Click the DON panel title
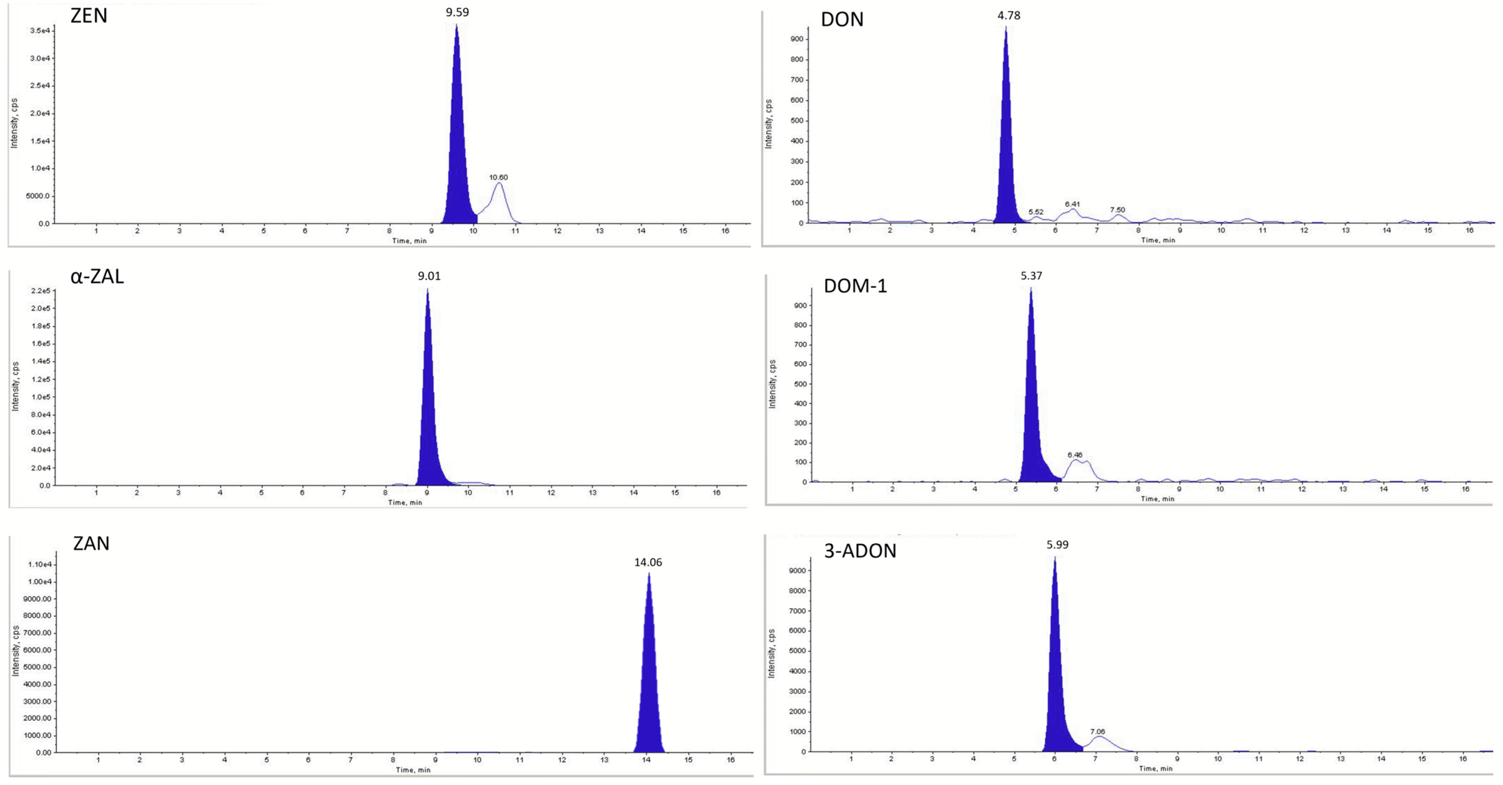tap(842, 20)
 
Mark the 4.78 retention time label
tap(1009, 16)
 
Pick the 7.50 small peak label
tap(1117, 210)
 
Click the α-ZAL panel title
tap(97, 276)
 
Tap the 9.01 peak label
tap(429, 276)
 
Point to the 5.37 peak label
tap(1031, 276)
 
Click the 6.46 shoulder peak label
tap(1075, 455)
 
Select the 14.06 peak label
tap(648, 562)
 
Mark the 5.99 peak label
tap(1057, 545)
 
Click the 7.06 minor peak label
tap(1097, 731)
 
